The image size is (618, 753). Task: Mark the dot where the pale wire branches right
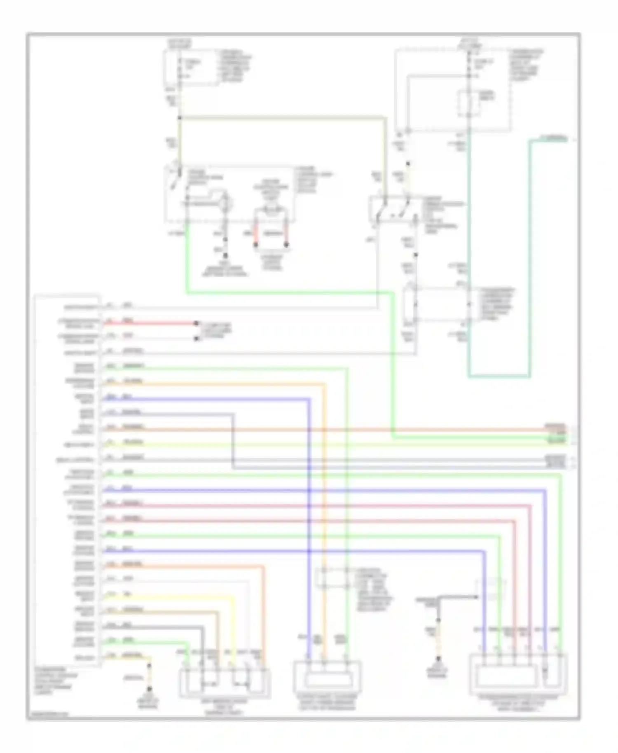(x=180, y=118)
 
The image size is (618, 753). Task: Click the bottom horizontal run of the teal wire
(x=499, y=376)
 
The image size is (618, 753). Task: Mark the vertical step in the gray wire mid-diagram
(x=233, y=441)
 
